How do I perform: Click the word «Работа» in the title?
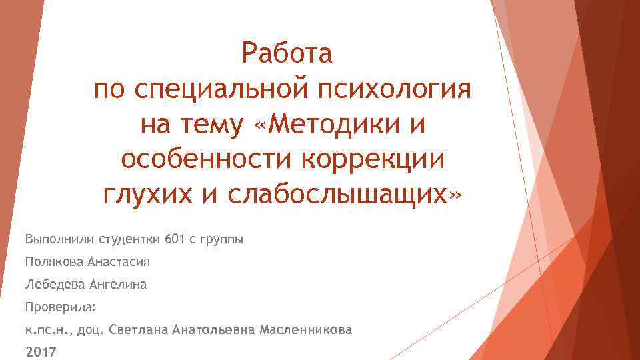click(x=287, y=53)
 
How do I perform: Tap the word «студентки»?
click(x=129, y=238)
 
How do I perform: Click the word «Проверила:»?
click(x=61, y=307)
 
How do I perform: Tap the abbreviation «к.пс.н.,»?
click(x=49, y=330)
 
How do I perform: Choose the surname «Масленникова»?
click(x=307, y=330)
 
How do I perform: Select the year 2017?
click(x=41, y=352)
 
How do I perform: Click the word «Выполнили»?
click(x=59, y=238)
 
